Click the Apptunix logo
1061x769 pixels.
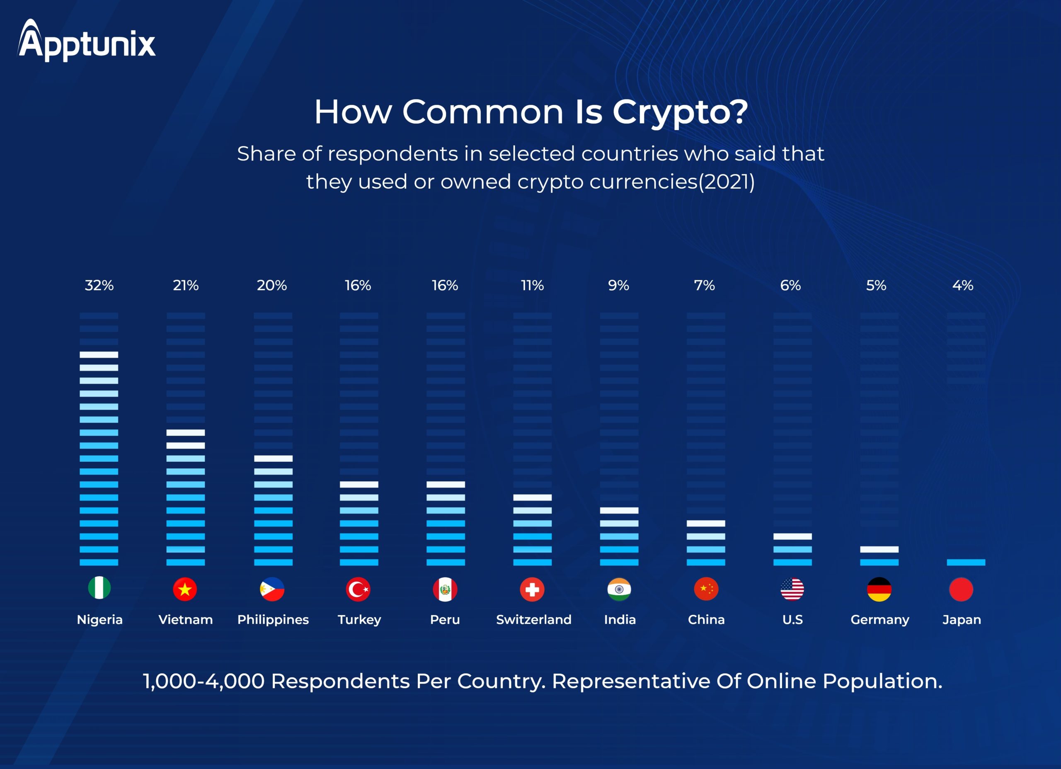coord(87,41)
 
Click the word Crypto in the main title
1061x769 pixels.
coord(679,112)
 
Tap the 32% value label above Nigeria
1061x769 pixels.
coord(99,285)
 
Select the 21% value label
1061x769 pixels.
coord(186,285)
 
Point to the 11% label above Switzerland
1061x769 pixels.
coord(533,285)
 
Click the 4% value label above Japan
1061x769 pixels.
coord(963,285)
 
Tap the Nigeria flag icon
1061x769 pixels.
coord(99,588)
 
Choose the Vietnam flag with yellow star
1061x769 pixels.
coord(185,589)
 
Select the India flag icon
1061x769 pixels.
coord(619,589)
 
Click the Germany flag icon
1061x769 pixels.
coord(879,589)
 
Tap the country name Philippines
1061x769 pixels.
coord(273,620)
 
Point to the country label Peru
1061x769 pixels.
coord(445,620)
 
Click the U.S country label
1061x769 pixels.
coord(792,620)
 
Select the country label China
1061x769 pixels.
coord(706,620)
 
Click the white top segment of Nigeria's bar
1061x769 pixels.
coord(99,355)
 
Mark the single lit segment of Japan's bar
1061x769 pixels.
coord(966,562)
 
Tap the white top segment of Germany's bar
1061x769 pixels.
coord(879,549)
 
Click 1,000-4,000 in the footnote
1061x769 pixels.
coord(203,681)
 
